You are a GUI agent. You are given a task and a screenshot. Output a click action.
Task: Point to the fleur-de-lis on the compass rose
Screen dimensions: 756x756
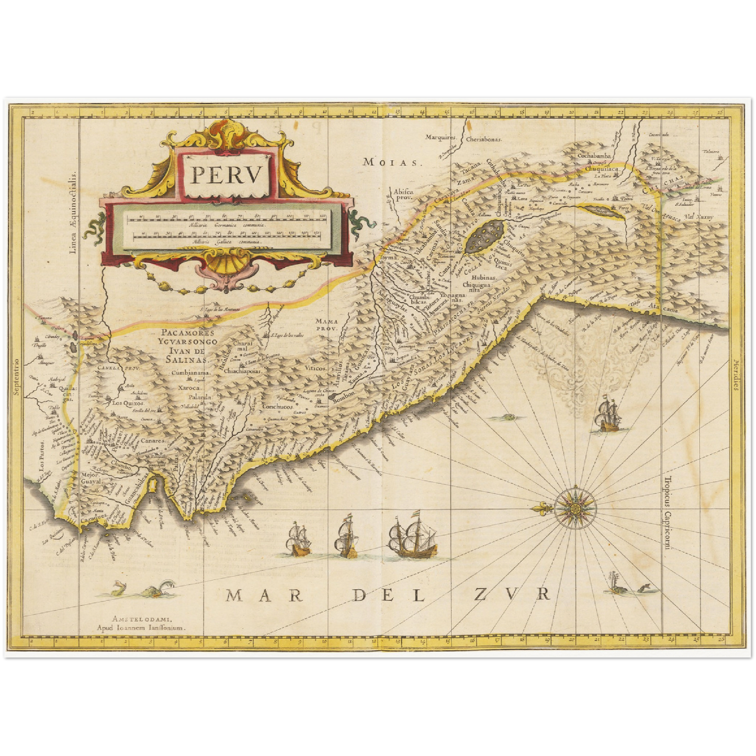pos(543,508)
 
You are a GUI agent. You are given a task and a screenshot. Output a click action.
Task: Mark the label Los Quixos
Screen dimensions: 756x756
pos(125,403)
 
